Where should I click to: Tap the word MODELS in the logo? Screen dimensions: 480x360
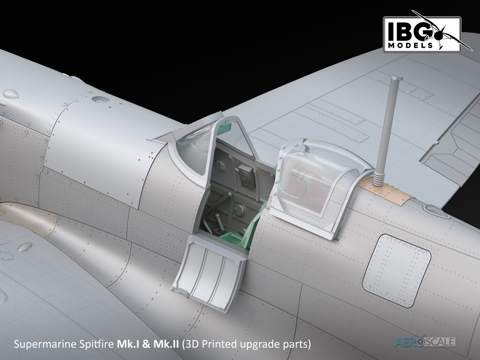point(410,46)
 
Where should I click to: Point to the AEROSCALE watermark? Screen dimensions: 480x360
point(425,342)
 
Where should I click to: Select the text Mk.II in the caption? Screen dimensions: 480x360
point(166,344)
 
